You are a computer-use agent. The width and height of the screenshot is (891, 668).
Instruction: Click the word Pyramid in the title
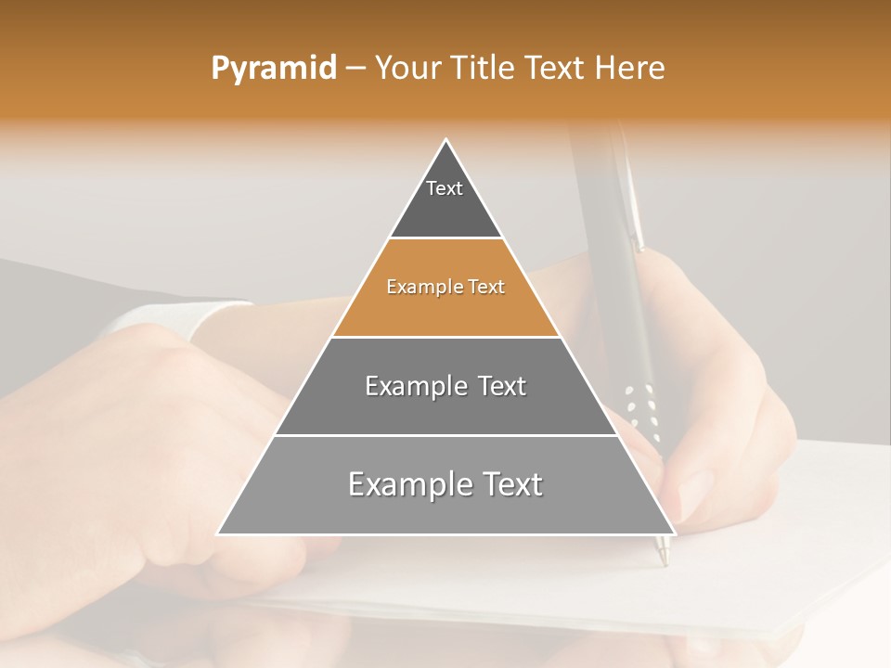(x=274, y=69)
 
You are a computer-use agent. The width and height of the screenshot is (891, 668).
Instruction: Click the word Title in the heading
(x=483, y=69)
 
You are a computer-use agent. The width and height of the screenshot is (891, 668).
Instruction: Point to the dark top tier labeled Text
(x=445, y=199)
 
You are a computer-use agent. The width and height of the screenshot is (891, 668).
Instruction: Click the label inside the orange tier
(x=445, y=288)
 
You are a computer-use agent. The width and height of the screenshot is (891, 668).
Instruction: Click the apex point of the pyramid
(x=446, y=140)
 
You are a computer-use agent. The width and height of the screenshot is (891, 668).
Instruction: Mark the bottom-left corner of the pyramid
(x=218, y=533)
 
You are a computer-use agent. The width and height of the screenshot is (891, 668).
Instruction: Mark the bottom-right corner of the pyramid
(x=675, y=533)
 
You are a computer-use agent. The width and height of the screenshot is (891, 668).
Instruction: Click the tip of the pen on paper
(x=663, y=562)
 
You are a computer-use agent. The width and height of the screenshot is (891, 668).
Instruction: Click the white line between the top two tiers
(x=445, y=238)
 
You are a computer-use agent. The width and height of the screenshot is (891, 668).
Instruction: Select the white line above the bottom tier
(x=445, y=435)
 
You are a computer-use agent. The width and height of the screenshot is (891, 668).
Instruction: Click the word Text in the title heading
(x=557, y=69)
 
